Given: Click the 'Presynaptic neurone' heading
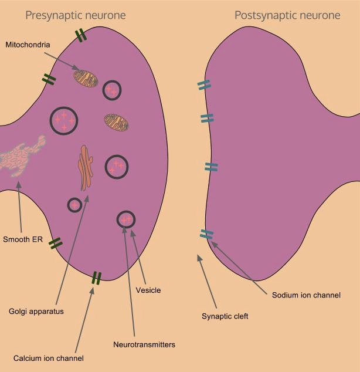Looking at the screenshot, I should coord(75,15).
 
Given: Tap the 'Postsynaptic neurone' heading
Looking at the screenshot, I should coord(287,15).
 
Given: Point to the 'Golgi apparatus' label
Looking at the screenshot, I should coord(36,311).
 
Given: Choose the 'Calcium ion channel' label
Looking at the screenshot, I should coord(49,358).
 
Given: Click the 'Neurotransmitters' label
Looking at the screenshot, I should coord(144,344).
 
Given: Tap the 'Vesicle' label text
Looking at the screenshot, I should coord(148,290).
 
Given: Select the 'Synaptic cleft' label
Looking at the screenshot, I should coord(225,316).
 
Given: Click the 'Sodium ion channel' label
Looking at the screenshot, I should coord(306,295).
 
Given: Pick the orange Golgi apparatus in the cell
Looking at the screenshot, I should coord(86,167).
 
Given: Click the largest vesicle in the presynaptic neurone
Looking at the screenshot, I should coord(63,120).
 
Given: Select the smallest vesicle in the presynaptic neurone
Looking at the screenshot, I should coord(74,205).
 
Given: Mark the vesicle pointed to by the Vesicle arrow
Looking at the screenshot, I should coord(126,219).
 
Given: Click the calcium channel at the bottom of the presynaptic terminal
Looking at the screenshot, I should coord(96,278).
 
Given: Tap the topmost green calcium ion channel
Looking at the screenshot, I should coord(80,36).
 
